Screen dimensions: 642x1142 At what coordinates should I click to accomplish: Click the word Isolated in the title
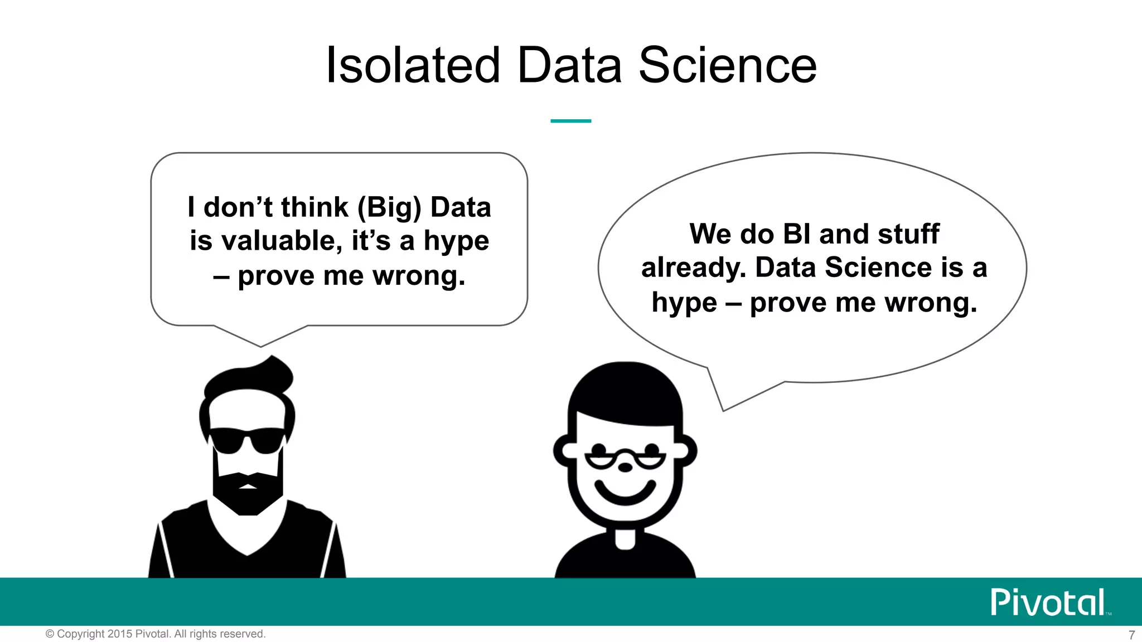(x=413, y=66)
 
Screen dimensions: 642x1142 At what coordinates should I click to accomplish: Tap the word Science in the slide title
(x=727, y=66)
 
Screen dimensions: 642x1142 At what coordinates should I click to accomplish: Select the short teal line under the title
(x=570, y=120)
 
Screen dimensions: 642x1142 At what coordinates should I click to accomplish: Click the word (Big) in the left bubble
(x=389, y=207)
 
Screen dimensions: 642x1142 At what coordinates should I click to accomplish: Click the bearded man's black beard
(x=248, y=493)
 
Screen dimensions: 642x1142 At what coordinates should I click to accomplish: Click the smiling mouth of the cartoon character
(x=625, y=494)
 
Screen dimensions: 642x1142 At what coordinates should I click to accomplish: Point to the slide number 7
(x=1131, y=635)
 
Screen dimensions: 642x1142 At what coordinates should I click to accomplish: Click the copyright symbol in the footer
(x=50, y=634)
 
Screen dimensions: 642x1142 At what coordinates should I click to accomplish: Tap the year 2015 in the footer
(x=120, y=634)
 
